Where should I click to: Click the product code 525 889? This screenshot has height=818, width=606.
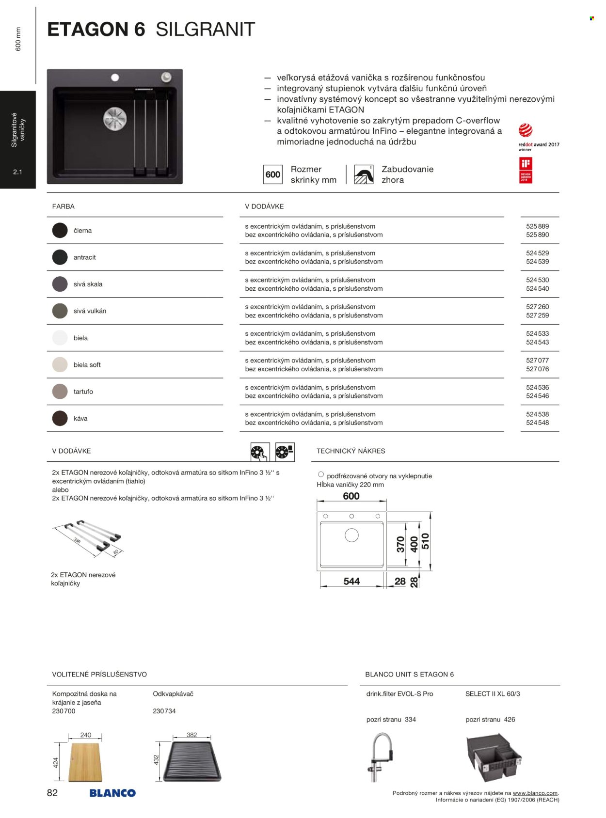click(537, 226)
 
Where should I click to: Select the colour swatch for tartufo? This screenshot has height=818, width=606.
click(60, 392)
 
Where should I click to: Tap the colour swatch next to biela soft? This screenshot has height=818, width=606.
click(60, 364)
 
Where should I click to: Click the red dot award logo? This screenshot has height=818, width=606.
click(526, 130)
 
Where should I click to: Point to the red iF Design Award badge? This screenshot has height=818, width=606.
click(526, 170)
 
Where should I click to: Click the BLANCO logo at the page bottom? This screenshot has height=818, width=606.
click(112, 793)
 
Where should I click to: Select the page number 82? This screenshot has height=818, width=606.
click(52, 793)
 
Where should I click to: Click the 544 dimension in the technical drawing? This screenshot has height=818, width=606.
click(351, 581)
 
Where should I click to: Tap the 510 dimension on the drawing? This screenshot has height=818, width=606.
click(425, 541)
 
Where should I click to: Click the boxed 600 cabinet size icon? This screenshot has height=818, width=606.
click(272, 174)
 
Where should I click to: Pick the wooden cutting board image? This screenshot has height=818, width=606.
click(85, 761)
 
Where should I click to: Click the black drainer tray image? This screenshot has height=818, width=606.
click(191, 761)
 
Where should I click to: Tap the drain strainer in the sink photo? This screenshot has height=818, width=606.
click(115, 119)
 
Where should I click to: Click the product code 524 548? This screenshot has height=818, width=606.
click(537, 423)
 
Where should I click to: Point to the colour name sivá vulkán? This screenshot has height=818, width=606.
click(90, 311)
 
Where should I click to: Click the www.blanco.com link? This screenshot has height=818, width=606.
click(535, 793)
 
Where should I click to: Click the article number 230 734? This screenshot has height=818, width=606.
click(164, 711)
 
